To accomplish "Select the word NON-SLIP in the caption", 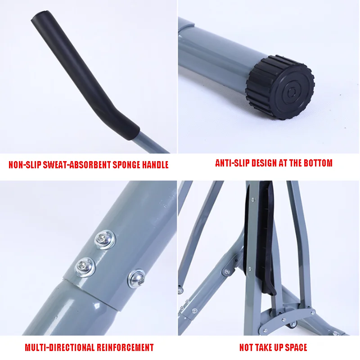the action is coord(25,165).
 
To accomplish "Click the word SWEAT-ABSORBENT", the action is coord(77,165).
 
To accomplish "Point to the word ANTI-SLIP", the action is coord(232,163).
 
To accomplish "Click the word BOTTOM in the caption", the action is coord(318,163).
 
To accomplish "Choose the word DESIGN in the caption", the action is coord(264,163).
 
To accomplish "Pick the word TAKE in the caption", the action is coord(265,347).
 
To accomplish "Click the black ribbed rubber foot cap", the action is coord(280,87).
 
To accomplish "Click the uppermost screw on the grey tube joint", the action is coord(105,239).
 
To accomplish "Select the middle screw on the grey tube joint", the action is coord(85,267).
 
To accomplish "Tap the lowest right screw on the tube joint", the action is coord(137,279).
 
